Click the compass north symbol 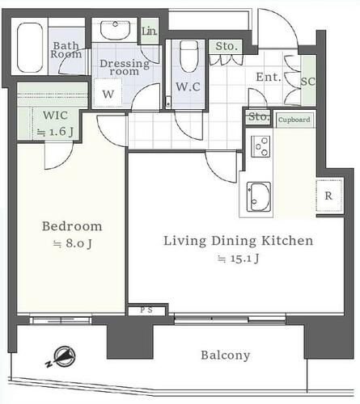(62, 358)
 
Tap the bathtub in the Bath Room (30, 48)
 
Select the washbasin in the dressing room (115, 30)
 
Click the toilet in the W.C (188, 57)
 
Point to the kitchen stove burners (260, 147)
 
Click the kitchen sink (259, 197)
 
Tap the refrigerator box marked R (329, 196)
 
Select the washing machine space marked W (108, 93)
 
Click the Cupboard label (294, 120)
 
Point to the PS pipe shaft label (146, 310)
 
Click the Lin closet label (149, 32)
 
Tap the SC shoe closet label (308, 82)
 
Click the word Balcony (226, 356)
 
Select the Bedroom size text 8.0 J (72, 244)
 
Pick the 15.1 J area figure (239, 259)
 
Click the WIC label (55, 116)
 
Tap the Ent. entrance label (269, 78)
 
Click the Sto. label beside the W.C (227, 47)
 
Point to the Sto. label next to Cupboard (259, 117)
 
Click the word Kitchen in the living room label (288, 241)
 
